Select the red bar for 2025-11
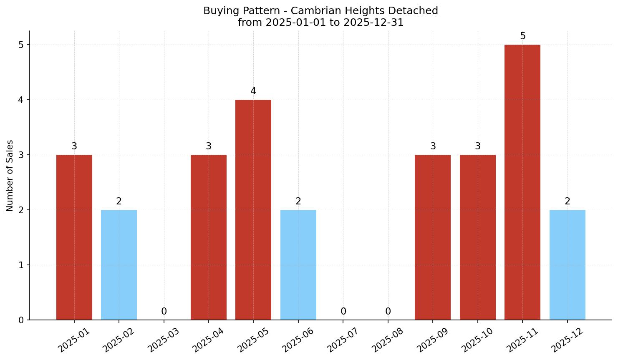pos(522,182)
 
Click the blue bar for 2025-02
pos(119,264)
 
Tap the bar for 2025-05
pos(253,209)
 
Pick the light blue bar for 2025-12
pos(567,264)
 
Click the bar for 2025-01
pos(74,237)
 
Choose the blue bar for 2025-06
pos(298,264)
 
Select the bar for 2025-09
pos(433,237)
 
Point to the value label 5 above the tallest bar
pos(522,36)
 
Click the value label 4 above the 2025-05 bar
pos(253,91)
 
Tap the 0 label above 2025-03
pos(164,312)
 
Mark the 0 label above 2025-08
pos(388,312)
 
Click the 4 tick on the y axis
pos(21,100)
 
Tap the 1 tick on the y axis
pos(21,265)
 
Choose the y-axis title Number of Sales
pos(10,176)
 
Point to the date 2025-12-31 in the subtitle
pos(373,23)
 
